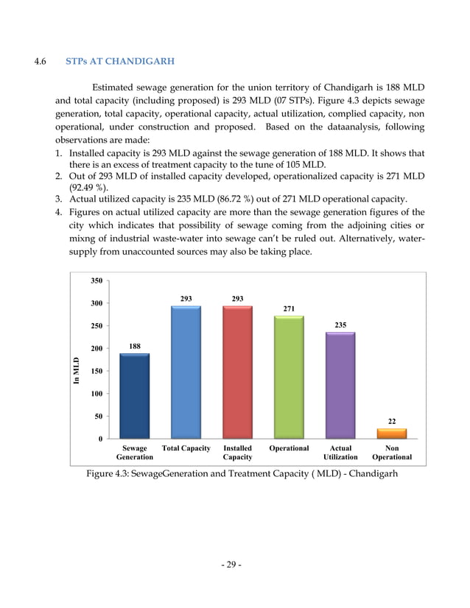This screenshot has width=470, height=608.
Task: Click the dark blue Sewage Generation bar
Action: [x=134, y=396]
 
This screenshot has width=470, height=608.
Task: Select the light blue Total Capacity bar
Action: [x=186, y=372]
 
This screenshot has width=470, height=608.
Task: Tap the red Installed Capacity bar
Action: [x=237, y=372]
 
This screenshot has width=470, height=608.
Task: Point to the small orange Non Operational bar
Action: [x=391, y=434]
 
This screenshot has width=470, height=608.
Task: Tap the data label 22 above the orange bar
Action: [x=392, y=422]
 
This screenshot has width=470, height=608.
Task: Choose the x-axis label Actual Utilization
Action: [x=340, y=452]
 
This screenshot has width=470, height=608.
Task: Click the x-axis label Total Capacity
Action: [x=186, y=448]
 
